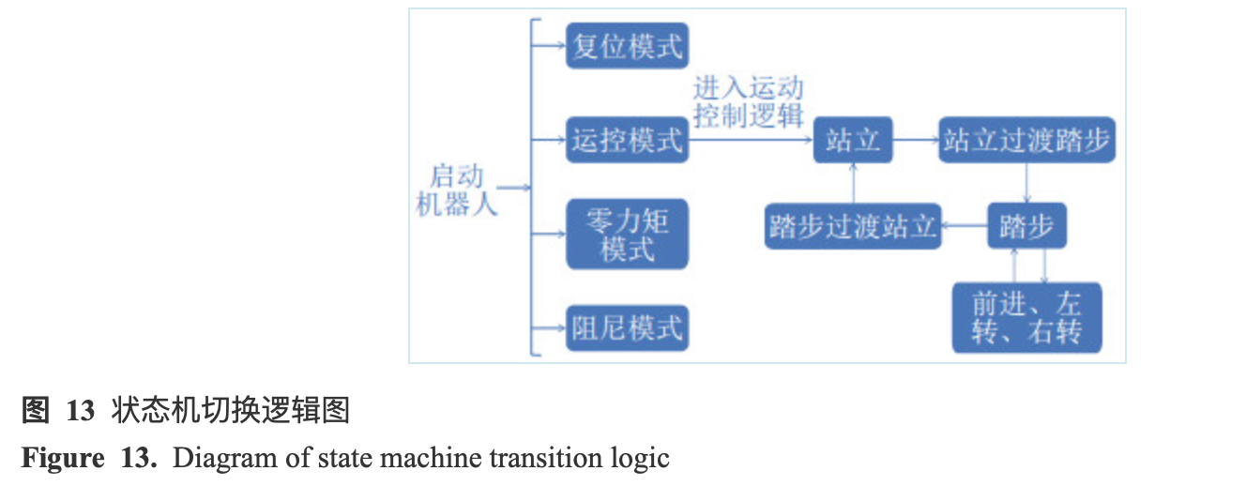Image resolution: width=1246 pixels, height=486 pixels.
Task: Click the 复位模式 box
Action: pos(627,46)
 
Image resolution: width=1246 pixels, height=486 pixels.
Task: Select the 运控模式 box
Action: pos(627,141)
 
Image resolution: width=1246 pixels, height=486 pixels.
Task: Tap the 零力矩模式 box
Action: pos(627,234)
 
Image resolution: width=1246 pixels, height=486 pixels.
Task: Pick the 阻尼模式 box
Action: pos(627,328)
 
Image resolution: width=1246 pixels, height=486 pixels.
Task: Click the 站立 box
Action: pos(853,141)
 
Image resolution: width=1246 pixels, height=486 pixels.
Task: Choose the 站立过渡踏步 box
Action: pos(1026,141)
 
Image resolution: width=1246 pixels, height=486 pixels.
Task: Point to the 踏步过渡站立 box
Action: pos(853,227)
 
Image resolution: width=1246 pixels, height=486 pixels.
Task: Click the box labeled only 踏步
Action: pos(1026,227)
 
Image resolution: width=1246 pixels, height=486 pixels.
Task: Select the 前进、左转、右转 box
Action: pos(1026,317)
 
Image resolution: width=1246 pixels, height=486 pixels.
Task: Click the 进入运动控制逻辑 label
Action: pos(748,102)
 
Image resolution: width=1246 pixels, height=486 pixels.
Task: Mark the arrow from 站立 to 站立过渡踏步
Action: pos(916,141)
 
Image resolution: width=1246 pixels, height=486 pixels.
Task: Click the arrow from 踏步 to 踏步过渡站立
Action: pos(964,227)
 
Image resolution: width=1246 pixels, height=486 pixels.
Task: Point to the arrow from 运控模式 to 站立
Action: pos(751,141)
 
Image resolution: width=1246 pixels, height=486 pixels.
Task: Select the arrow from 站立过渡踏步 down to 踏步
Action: pos(1026,184)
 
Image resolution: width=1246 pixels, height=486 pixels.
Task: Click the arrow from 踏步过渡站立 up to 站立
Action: pos(853,184)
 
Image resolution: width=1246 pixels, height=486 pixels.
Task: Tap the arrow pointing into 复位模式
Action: pos(549,46)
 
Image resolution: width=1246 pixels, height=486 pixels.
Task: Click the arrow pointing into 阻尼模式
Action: pos(549,328)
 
